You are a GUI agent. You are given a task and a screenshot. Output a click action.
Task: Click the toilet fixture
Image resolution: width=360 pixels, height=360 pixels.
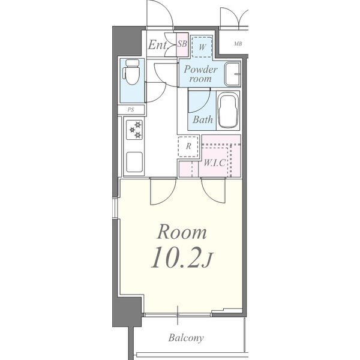pyautogui.click(x=131, y=72)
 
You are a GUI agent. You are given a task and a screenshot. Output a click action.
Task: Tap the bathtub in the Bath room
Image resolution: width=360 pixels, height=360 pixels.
pyautogui.click(x=228, y=110)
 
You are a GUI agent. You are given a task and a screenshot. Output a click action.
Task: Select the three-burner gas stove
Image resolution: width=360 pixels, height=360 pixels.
pyautogui.click(x=134, y=130)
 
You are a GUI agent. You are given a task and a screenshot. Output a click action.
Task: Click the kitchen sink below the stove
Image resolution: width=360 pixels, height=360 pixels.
pyautogui.click(x=134, y=162)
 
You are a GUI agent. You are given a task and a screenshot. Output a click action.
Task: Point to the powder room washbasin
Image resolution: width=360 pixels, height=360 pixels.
pyautogui.click(x=233, y=74)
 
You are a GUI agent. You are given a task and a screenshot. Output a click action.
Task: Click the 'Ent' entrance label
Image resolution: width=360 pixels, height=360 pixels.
pyautogui.click(x=157, y=45)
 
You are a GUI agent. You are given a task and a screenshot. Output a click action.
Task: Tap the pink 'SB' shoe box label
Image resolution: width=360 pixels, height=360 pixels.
pyautogui.click(x=182, y=44)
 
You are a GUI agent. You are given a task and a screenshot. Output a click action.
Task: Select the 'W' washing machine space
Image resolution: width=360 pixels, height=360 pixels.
pyautogui.click(x=202, y=47)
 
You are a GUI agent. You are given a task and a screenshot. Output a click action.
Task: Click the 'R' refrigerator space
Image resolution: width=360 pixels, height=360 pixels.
pyautogui.click(x=188, y=146)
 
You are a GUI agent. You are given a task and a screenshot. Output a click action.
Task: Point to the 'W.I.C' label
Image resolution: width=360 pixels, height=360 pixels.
pyautogui.click(x=215, y=163)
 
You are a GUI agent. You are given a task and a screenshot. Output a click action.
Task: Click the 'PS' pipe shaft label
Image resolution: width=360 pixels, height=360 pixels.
pyautogui.click(x=131, y=110)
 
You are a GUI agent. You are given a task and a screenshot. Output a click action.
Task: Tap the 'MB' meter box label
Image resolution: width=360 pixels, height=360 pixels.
pyautogui.click(x=238, y=43)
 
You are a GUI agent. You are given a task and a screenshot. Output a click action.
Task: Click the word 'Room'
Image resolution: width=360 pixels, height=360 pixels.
pyautogui.click(x=182, y=232)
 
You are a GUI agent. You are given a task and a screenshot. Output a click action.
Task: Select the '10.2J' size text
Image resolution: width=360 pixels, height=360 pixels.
pyautogui.click(x=182, y=257)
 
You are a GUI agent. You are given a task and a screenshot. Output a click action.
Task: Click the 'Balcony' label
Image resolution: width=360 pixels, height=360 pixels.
pyautogui.click(x=186, y=338)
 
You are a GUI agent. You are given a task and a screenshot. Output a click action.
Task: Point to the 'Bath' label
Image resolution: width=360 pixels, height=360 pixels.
pyautogui.click(x=203, y=119)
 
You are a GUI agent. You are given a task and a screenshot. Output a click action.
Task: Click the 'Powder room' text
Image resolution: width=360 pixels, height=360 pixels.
pyautogui.click(x=200, y=74)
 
